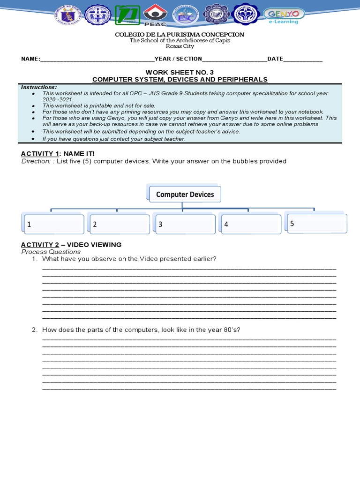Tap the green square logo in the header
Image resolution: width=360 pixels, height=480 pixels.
click(127, 15)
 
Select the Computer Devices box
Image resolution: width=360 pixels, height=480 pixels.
click(185, 194)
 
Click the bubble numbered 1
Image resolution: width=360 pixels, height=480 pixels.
click(53, 224)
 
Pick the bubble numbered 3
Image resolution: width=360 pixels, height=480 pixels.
click(185, 224)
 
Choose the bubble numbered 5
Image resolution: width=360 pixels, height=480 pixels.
click(317, 224)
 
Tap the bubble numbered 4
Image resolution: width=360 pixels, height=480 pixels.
click(251, 224)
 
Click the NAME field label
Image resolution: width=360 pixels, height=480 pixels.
click(30, 59)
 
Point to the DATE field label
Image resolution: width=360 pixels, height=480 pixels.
click(275, 59)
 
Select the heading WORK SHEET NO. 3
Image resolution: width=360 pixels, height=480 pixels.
click(180, 72)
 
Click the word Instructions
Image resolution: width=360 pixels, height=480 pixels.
click(39, 87)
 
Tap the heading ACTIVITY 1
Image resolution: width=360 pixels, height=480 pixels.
click(41, 154)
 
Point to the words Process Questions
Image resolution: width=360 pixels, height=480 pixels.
click(51, 252)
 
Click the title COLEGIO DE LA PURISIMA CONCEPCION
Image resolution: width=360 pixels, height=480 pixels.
click(180, 35)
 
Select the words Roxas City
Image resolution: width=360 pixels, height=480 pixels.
click(180, 46)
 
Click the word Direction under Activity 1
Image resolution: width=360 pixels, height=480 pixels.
click(36, 161)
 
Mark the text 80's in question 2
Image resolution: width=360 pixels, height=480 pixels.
click(232, 330)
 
